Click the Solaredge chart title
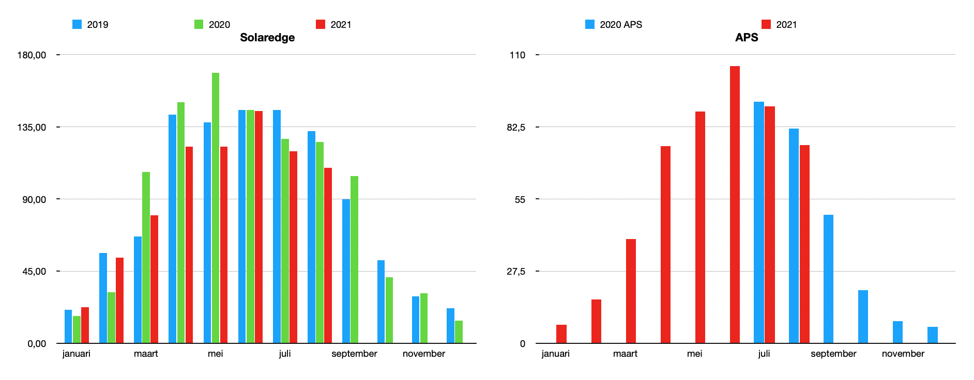pyautogui.click(x=267, y=38)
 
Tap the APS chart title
pyautogui.click(x=747, y=38)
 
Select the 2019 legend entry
pyautogui.click(x=90, y=24)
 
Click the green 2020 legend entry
pyautogui.click(x=212, y=24)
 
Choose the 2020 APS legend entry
pyautogui.click(x=614, y=24)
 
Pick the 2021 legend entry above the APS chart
pyautogui.click(x=779, y=24)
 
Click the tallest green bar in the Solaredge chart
pyautogui.click(x=216, y=207)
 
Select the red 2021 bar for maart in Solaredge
pyautogui.click(x=154, y=279)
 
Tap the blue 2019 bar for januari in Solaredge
pyautogui.click(x=68, y=326)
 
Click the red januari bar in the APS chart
pyautogui.click(x=561, y=334)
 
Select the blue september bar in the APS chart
pyautogui.click(x=828, y=279)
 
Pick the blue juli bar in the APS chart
pyautogui.click(x=759, y=222)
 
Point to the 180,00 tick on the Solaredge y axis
pyautogui.click(x=32, y=55)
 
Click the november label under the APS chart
pyautogui.click(x=903, y=354)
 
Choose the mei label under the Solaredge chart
pyautogui.click(x=216, y=354)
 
